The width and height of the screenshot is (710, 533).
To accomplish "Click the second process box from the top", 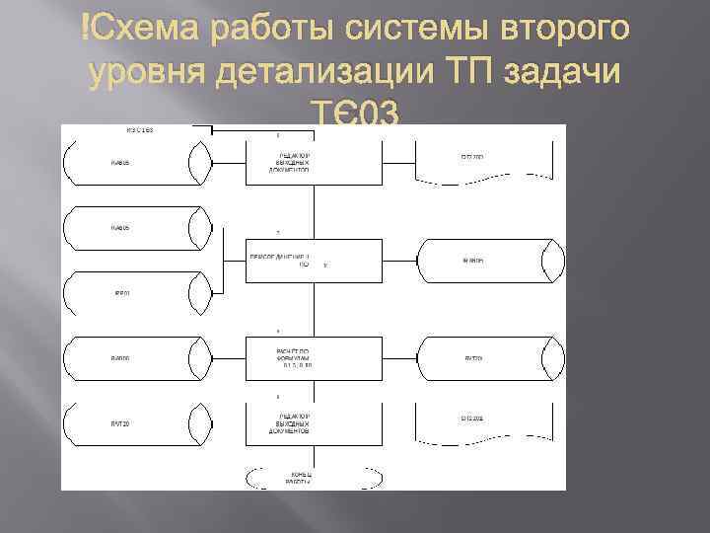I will tap(314, 261).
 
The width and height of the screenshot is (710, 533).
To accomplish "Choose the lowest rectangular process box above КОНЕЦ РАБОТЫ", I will tap(314, 424).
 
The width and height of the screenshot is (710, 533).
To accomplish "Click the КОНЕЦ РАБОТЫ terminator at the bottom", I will tap(300, 478).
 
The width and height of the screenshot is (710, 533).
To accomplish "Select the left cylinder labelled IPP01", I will tap(136, 293).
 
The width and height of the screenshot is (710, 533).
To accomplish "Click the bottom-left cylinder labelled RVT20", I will tap(136, 424).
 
